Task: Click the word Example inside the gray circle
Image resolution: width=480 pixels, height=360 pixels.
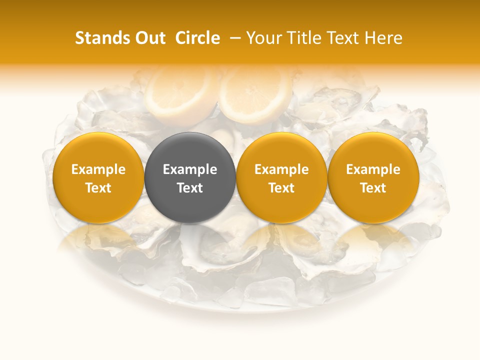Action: (x=190, y=169)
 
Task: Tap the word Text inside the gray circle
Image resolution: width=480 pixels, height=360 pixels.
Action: (x=190, y=188)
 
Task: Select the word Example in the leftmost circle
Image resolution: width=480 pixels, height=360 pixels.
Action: (x=98, y=169)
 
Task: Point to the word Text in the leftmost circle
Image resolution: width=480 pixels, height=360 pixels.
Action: (x=98, y=188)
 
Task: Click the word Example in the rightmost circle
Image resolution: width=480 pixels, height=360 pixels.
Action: (x=373, y=169)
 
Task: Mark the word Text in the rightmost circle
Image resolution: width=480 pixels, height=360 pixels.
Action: (x=373, y=188)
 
